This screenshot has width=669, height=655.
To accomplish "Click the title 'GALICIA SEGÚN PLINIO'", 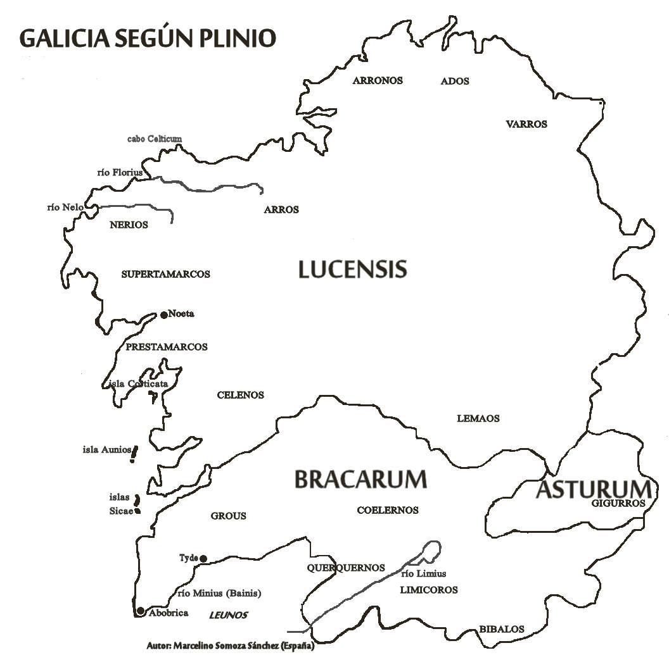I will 148,38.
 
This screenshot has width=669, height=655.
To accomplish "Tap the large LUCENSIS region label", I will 352,270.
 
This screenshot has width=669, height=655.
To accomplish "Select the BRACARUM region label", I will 360,479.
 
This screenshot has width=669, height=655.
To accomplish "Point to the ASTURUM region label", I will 594,489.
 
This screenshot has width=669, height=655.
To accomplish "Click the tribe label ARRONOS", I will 378,80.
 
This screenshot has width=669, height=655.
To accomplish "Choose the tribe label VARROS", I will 526,124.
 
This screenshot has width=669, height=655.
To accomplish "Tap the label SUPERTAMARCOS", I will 165,274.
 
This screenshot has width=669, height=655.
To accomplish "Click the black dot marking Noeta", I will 163,315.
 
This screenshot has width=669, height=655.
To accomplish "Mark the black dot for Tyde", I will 203,558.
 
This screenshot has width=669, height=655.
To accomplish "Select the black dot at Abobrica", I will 140,611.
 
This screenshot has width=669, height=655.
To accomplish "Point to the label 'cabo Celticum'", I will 155,139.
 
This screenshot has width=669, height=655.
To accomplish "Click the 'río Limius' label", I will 423,574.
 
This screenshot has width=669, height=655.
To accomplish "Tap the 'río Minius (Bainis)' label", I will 219,594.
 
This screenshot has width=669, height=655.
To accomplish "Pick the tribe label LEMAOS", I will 478,418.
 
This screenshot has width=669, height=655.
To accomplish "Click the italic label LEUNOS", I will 228,615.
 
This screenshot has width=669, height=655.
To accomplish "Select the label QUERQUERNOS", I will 346,568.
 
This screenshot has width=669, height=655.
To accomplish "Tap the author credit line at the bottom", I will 231,646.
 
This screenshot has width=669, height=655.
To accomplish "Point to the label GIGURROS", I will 618,503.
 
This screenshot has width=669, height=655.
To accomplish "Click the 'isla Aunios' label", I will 106,450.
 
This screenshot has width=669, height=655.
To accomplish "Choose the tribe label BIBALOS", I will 502,629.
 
